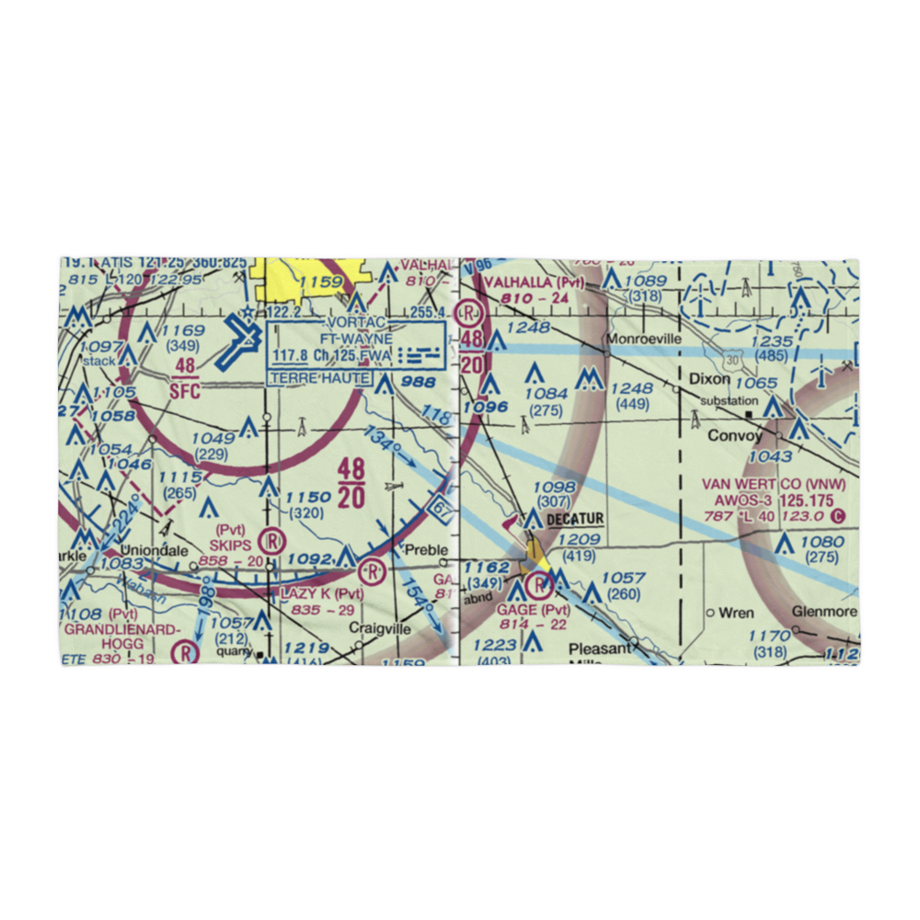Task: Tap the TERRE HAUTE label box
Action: click(320, 378)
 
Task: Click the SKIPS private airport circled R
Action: click(271, 541)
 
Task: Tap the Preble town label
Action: click(426, 550)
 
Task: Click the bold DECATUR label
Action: click(575, 520)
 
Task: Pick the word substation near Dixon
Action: click(729, 401)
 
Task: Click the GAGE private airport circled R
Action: click(535, 580)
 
